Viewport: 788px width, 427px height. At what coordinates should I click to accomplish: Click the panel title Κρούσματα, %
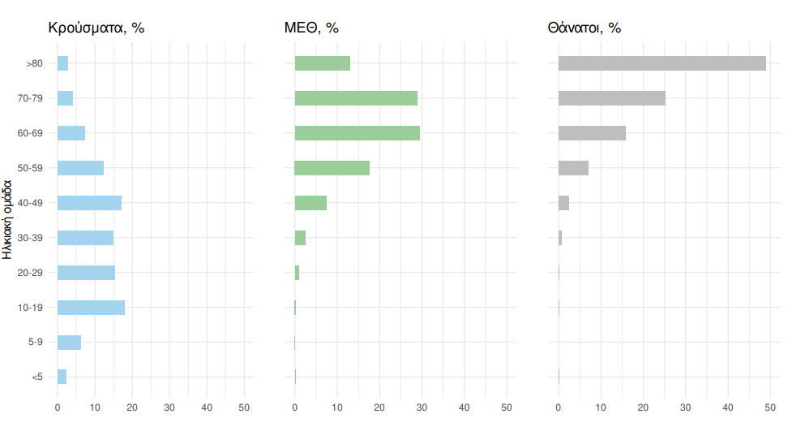[96, 28]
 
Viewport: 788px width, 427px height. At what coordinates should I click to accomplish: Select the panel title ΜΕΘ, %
[311, 28]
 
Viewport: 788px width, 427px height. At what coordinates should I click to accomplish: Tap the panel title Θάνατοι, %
[584, 28]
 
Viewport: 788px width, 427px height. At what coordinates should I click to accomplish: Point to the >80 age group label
[34, 63]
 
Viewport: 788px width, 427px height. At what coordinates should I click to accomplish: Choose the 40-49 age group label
[30, 203]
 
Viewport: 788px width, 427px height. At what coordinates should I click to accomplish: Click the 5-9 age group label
[35, 342]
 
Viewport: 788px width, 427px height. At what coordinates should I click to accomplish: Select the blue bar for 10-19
[91, 308]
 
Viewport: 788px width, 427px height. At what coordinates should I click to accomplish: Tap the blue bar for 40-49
[89, 203]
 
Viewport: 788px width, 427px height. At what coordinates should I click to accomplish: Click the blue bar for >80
[62, 63]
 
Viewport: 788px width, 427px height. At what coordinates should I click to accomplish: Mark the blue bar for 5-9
[69, 342]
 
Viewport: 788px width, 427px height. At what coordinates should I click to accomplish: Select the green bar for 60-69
[357, 133]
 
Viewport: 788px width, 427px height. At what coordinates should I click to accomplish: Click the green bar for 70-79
[356, 98]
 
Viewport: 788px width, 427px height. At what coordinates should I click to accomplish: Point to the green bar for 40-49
[310, 203]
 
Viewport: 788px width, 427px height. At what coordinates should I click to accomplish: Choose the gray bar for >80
[662, 63]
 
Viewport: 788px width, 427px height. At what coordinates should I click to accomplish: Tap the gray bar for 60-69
[592, 133]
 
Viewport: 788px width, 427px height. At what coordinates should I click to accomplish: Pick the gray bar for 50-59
[573, 168]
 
